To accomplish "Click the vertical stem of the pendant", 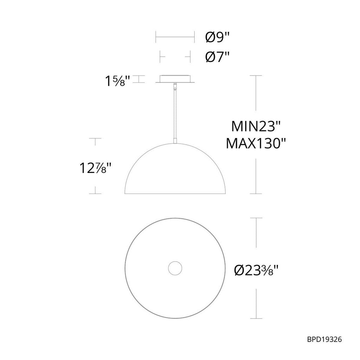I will coord(175,112).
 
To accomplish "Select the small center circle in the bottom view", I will coord(174,269).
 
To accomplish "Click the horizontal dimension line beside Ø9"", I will coord(175,36).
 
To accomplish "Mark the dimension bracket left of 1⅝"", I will coord(140,79).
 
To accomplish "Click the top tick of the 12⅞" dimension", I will coord(95,139).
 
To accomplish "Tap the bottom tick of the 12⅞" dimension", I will coord(95,194).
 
